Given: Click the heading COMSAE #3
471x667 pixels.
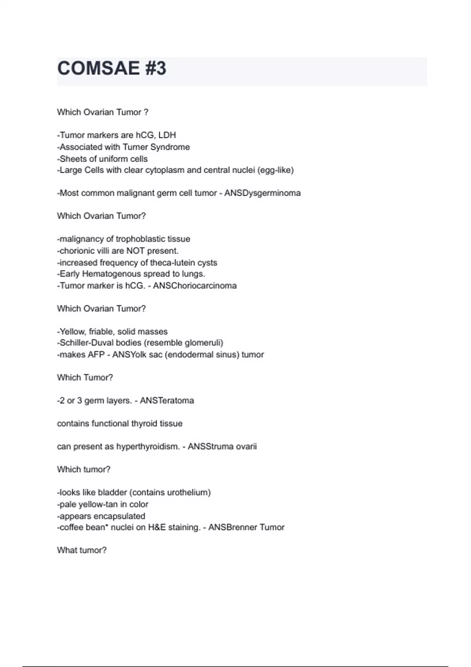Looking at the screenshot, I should click(x=111, y=69).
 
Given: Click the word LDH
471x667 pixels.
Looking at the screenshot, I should click(x=167, y=135).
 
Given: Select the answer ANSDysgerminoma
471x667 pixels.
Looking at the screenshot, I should click(x=262, y=193).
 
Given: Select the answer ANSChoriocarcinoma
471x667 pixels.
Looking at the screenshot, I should click(x=195, y=286).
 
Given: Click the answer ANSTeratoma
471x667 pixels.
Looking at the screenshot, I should click(x=167, y=401).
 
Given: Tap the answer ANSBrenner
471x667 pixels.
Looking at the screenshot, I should click(x=233, y=527).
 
